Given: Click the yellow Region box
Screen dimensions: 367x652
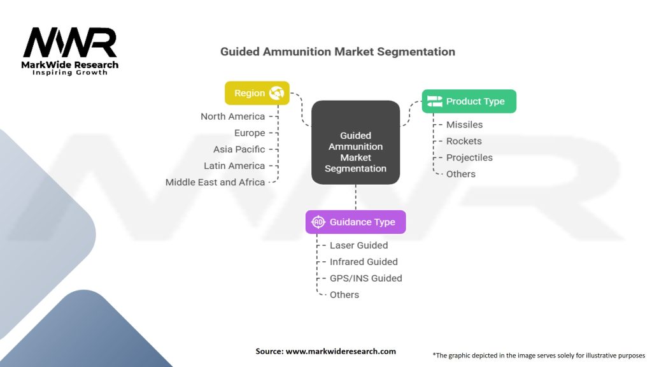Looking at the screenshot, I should click(x=257, y=93).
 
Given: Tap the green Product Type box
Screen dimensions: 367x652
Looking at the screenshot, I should click(x=469, y=101).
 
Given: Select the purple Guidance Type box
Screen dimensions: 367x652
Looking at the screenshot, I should click(x=355, y=222).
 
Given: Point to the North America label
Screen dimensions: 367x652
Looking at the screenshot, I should click(x=232, y=117).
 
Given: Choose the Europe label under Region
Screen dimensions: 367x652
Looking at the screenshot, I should click(x=249, y=133).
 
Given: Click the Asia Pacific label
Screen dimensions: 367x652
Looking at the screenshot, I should click(x=239, y=149).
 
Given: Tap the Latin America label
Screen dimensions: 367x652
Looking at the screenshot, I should click(x=234, y=166).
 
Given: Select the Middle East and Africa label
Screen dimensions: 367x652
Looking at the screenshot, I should click(x=215, y=182).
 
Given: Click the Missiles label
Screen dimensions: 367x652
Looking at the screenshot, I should click(x=464, y=125).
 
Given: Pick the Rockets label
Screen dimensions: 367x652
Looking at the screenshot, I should click(x=464, y=141).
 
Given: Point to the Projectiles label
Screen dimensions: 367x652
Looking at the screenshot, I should click(x=469, y=157).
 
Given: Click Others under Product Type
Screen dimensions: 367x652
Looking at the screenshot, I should click(x=460, y=174).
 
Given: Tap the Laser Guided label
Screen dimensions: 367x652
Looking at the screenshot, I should click(x=358, y=245).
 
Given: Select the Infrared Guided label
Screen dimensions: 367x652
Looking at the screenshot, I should click(x=363, y=262).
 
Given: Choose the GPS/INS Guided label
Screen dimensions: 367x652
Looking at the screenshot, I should click(x=365, y=278).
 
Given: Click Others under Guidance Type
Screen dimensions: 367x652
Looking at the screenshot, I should click(x=344, y=294).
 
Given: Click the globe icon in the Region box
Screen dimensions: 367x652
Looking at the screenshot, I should click(x=276, y=93).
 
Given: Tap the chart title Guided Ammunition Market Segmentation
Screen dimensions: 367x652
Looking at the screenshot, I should click(x=337, y=52).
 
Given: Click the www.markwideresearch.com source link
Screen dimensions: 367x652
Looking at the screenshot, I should click(x=341, y=351).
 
